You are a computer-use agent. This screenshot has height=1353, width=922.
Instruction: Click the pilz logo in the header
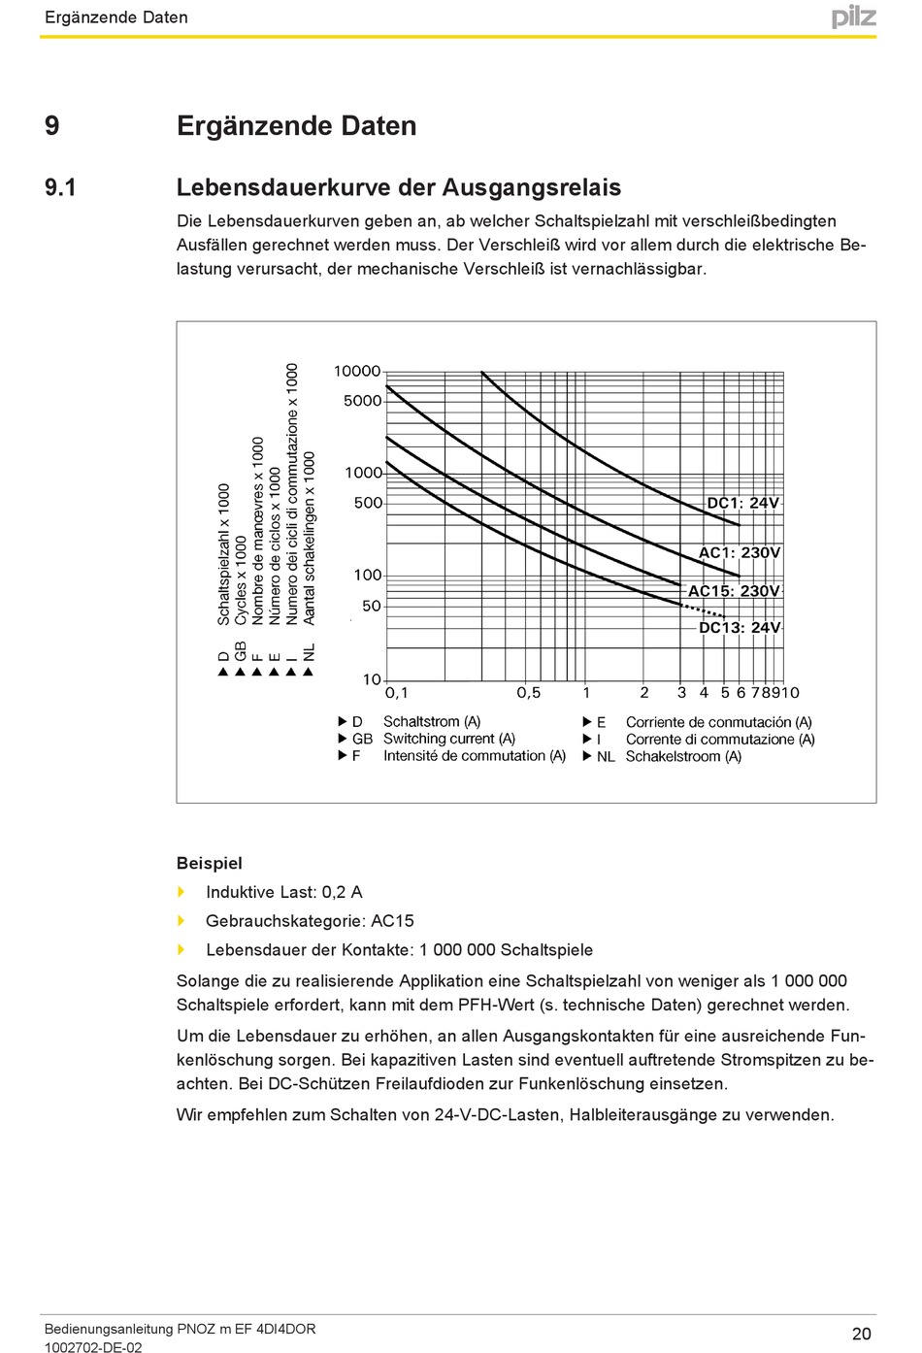853,16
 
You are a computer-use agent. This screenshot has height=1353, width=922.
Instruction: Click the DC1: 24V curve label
742,503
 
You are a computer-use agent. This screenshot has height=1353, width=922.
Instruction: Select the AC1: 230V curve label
740,552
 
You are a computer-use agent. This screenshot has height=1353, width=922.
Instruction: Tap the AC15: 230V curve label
734,590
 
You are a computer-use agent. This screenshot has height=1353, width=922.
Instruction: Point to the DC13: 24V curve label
740,627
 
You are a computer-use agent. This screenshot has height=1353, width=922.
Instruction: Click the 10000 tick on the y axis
357,371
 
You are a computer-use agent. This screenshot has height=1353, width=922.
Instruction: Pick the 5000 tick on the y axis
362,400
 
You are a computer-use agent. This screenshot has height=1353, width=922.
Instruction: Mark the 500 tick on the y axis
368,503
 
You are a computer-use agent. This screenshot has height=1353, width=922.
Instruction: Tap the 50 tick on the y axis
372,606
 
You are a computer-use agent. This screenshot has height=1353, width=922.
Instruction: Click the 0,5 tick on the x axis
528,692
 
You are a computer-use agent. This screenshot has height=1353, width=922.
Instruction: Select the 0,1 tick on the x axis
397,692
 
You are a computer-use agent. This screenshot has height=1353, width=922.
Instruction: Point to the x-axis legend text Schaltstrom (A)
432,721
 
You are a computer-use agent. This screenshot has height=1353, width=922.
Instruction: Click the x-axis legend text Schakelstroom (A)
683,756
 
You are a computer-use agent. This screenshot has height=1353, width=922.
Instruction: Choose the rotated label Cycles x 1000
241,580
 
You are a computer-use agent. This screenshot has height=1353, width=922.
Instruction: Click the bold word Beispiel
209,863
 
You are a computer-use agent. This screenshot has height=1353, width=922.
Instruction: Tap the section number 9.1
60,187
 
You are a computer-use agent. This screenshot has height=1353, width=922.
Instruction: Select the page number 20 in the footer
861,1334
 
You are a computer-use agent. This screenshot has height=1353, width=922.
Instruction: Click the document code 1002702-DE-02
93,1347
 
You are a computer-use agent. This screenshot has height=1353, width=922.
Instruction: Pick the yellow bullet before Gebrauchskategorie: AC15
181,920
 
